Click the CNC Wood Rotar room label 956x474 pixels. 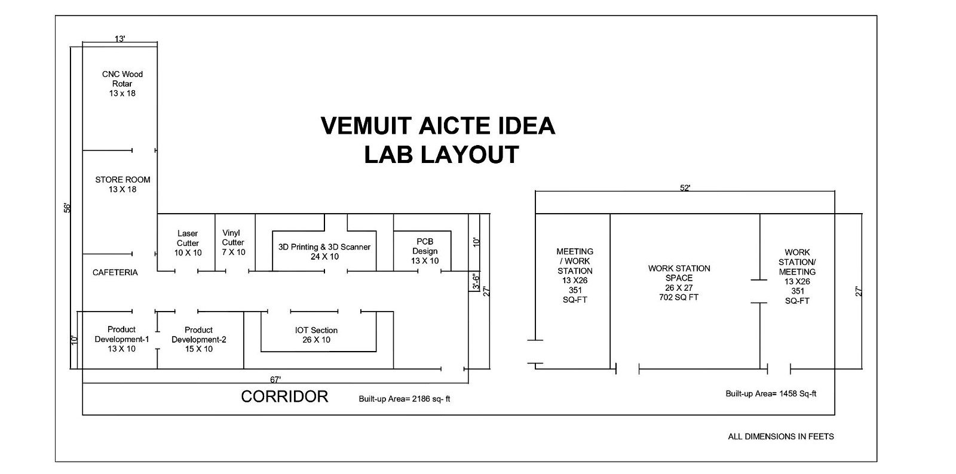click(122, 84)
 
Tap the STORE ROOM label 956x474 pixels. click(122, 184)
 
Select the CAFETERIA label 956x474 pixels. click(115, 272)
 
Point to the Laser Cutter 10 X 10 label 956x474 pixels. click(188, 243)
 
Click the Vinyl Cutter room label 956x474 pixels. click(234, 242)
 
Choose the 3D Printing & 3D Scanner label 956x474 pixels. click(324, 251)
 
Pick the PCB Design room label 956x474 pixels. click(425, 251)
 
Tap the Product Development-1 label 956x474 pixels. click(122, 339)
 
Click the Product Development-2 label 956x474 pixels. click(199, 339)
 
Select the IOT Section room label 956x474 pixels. click(316, 335)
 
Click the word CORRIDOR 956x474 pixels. click(284, 396)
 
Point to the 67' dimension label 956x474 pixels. click(275, 379)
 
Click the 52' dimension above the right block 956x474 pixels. click(685, 188)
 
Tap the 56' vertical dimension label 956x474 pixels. click(68, 208)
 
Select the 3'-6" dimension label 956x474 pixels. click(476, 282)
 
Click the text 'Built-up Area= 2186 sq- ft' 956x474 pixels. click(404, 399)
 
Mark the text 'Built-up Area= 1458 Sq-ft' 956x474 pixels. click(771, 394)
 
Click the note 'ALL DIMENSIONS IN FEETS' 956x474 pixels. click(781, 436)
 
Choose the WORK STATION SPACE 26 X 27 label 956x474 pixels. click(679, 282)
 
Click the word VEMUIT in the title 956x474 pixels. click(366, 126)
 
